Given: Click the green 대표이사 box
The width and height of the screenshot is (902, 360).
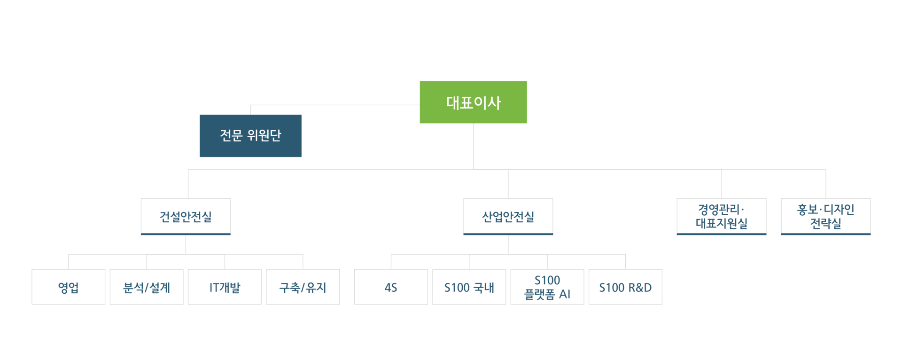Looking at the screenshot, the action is [473, 102].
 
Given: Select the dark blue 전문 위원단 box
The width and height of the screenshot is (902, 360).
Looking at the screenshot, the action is [250, 136].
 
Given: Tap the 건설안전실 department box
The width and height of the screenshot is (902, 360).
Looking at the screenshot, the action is [186, 217].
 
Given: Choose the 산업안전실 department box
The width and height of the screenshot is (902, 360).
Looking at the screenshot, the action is [508, 217].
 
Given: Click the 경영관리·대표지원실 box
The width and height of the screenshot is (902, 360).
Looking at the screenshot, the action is [722, 217].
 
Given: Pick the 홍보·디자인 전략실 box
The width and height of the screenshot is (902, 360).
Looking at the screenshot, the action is [826, 217].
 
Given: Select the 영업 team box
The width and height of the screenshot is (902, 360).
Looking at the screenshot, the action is [69, 287].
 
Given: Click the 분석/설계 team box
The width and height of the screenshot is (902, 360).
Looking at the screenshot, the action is [147, 287].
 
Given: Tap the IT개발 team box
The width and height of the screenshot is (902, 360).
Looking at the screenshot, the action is [225, 287].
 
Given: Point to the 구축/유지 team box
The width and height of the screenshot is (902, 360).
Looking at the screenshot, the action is [303, 287].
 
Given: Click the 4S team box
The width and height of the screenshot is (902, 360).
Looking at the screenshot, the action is [391, 287].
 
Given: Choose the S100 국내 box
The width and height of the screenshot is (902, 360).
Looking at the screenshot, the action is [469, 287].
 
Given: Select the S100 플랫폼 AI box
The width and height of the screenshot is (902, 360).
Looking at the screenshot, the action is [547, 287].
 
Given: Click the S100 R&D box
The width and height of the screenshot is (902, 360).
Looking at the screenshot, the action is [625, 287].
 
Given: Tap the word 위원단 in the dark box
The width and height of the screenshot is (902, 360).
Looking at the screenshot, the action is [264, 135].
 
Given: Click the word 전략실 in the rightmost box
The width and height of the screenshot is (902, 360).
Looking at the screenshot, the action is [826, 224].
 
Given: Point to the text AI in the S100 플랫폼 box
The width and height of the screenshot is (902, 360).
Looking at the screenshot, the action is [565, 294].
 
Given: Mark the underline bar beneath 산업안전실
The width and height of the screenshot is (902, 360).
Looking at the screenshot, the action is [508, 234].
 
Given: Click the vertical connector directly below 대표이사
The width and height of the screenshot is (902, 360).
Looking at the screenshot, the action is [474, 147].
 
